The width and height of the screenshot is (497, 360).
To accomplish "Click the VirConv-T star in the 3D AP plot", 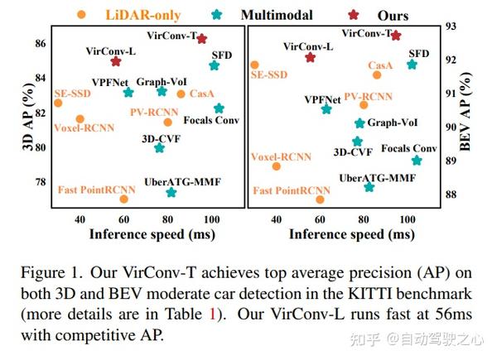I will (x=202, y=39).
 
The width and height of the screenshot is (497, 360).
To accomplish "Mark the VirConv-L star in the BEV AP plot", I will (x=310, y=57).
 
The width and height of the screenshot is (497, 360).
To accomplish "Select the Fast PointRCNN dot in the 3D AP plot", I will (x=124, y=199).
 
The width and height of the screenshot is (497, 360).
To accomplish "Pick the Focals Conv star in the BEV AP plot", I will (x=416, y=161).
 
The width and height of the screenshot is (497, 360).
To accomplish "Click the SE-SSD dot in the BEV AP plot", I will (x=254, y=65).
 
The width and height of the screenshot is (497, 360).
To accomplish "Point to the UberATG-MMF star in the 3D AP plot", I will (x=171, y=193).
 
